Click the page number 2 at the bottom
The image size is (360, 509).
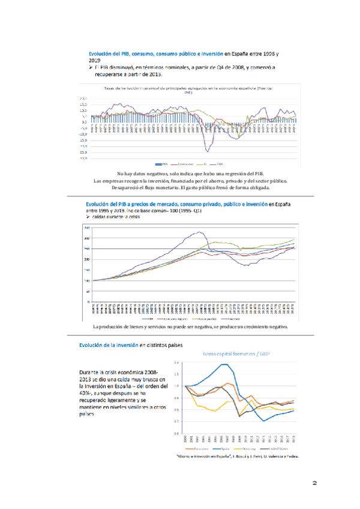[314, 482]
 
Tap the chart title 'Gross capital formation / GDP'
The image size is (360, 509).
[236, 354]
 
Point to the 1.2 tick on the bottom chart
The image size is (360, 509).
[176, 363]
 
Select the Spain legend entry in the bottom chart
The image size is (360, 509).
[227, 448]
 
